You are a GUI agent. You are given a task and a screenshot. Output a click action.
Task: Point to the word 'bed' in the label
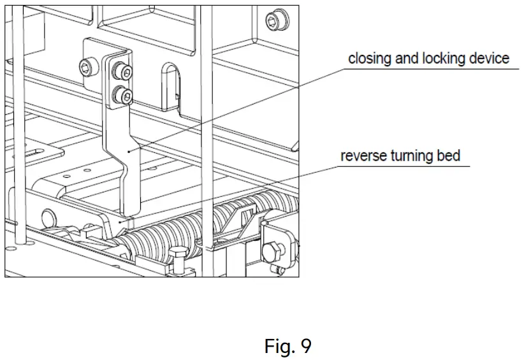[x=448, y=156]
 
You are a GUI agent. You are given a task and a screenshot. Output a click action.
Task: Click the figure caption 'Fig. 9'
[x=288, y=346]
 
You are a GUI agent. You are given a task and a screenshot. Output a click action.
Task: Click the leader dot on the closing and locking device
[x=129, y=151]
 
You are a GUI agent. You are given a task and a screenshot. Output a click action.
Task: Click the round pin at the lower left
[x=47, y=215]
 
